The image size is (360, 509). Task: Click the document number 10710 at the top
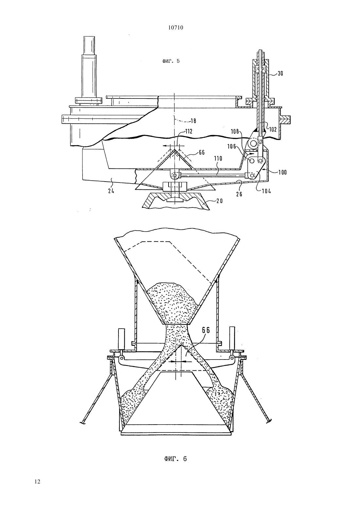coord(176,28)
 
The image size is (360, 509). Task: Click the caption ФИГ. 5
coord(171,61)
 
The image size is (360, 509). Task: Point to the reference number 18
coord(193,121)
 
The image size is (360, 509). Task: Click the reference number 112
coord(189,131)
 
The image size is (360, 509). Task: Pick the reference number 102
coord(273,129)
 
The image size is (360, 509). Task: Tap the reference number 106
coord(232,147)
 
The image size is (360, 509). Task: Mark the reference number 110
coord(218,158)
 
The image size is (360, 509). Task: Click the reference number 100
coord(283,172)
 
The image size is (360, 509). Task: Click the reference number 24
coord(111,191)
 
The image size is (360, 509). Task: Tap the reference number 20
coord(220,201)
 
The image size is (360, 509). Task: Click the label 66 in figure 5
coord(202,152)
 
